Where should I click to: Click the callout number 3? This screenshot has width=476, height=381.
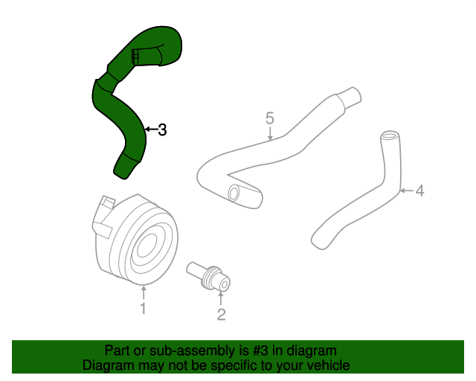coord(162,129)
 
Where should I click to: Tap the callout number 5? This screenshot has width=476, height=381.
coord(270,118)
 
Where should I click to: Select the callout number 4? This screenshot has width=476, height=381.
coord(419,191)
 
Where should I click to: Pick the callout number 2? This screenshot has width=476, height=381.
coord(221,315)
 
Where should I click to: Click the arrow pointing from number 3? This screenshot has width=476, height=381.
coord(151,129)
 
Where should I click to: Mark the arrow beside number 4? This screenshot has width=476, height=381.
coord(406,191)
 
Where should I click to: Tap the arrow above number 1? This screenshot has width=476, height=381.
coord(144,292)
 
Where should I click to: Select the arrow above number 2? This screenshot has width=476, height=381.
coord(221,298)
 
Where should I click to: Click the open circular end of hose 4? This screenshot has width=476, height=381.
coord(387,136)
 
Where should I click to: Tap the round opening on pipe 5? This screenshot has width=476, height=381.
coord(234,193)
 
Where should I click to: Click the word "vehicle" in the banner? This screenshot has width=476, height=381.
coord(327,365)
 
